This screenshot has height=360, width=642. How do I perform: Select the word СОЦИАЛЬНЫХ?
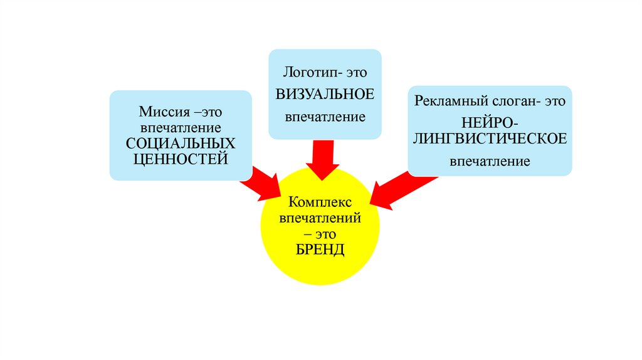181,143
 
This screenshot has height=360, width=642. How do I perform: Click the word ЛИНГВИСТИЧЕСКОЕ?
490,139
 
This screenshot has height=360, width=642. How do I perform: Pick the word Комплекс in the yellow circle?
320,203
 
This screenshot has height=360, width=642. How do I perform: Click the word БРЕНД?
320,250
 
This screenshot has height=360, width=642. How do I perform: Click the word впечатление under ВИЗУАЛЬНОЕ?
325,117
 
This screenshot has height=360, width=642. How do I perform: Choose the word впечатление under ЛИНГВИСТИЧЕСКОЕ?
490,162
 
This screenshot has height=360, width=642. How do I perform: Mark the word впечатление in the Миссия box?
181,128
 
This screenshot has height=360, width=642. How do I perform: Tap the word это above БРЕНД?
326,234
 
